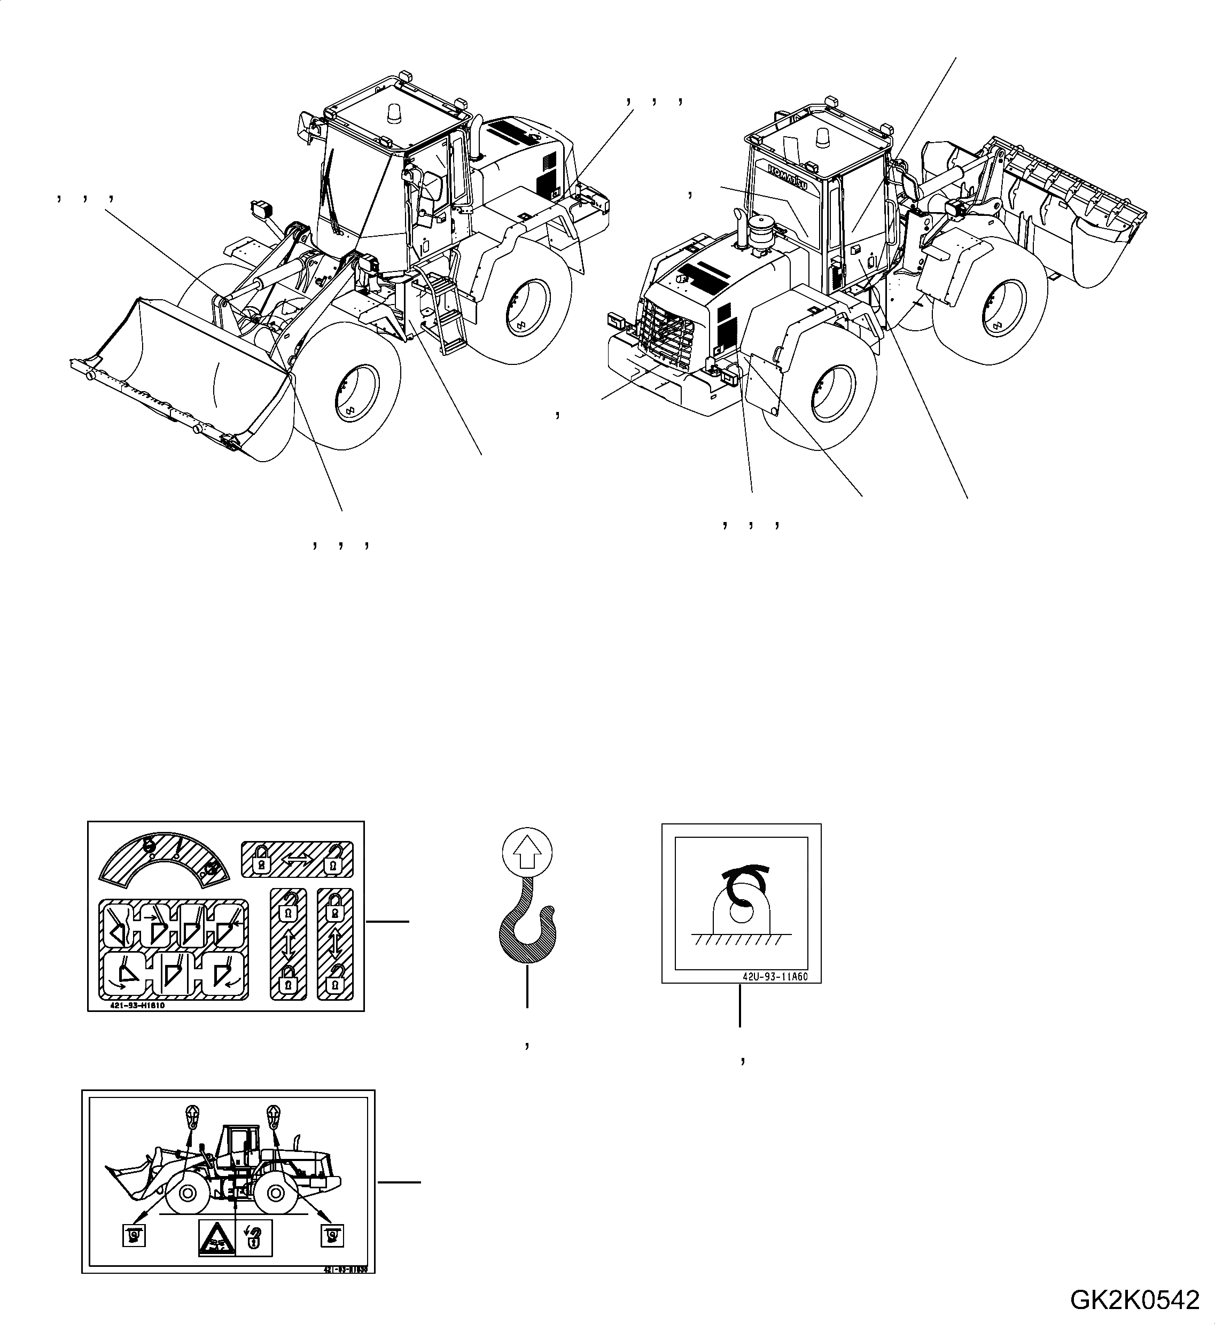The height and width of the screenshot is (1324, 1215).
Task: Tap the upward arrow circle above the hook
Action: coord(527,853)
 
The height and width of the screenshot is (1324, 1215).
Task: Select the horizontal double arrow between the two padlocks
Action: coord(297,860)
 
